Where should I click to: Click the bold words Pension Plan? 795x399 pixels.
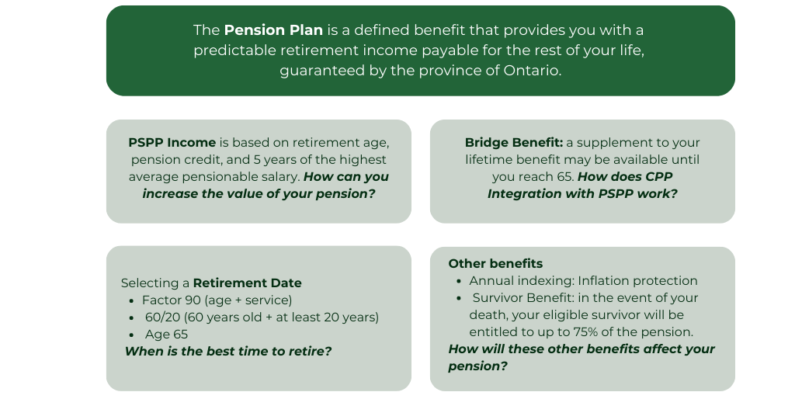coord(273,30)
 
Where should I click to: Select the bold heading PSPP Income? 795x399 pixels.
coord(172,143)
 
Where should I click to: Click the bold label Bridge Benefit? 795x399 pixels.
coord(514,143)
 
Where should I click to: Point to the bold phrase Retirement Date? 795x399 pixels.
coord(248,283)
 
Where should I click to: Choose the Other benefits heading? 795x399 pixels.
coord(495,264)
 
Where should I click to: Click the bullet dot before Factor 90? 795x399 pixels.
coord(131,301)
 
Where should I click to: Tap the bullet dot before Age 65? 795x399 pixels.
coord(131,335)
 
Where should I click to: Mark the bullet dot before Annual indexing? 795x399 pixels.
coord(459,281)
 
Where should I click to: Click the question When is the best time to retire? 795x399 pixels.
coord(228,352)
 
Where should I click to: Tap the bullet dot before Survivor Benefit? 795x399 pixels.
coord(459,299)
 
